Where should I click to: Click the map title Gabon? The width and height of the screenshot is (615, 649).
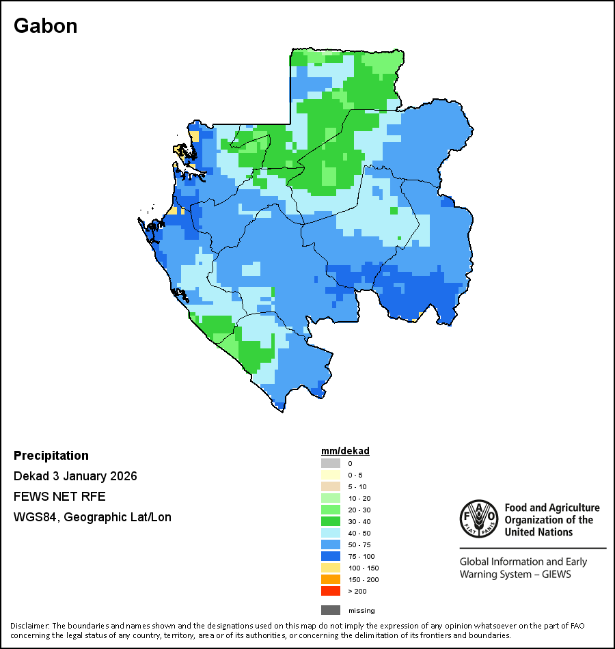tap(45, 26)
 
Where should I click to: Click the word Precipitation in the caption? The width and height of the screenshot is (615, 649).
tap(51, 456)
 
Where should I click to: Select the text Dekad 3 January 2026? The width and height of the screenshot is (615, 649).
tap(75, 476)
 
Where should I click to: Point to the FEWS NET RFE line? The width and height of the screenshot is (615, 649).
tap(59, 497)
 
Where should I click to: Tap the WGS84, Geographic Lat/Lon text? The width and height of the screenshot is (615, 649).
tap(92, 517)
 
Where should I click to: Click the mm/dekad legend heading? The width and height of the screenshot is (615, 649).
tap(345, 452)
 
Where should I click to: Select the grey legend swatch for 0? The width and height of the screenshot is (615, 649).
tap(331, 464)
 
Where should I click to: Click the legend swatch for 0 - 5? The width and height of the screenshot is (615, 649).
tap(331, 475)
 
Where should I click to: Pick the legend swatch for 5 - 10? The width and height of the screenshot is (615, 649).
tap(331, 487)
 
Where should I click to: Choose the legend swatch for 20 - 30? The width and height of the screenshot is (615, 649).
tap(331, 510)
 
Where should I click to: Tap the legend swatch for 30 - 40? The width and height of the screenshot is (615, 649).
tap(331, 522)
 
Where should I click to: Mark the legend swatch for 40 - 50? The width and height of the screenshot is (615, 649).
tap(331, 534)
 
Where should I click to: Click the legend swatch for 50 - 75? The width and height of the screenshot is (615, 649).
tap(331, 545)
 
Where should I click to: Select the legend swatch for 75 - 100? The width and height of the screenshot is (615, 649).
tap(331, 557)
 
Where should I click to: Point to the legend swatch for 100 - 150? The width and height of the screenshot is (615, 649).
tap(331, 568)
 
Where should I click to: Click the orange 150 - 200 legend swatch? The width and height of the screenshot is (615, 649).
tap(331, 580)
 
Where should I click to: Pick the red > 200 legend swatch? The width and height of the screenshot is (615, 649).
tap(331, 592)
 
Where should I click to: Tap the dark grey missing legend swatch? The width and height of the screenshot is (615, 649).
tap(331, 610)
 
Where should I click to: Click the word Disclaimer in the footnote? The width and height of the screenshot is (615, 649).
tap(29, 626)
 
